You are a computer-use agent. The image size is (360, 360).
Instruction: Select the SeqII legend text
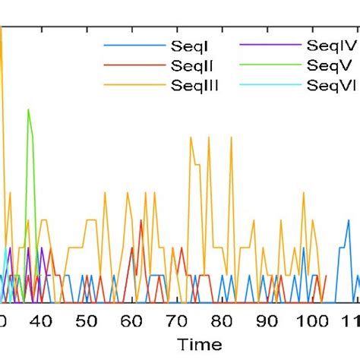click(187, 67)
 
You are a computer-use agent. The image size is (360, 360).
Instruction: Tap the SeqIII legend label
click(193, 85)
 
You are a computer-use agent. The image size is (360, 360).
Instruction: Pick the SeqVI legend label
click(331, 85)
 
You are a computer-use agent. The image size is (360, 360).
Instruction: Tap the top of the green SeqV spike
click(28, 110)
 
